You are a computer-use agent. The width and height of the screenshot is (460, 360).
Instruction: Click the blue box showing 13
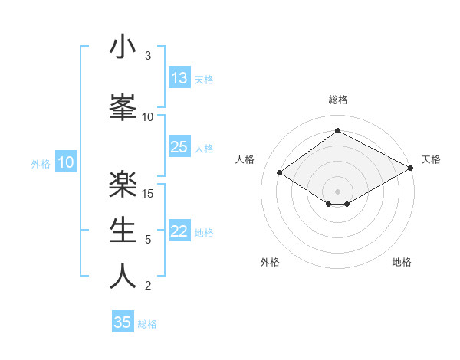(179, 78)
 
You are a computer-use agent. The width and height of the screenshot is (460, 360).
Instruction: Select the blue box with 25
(179, 147)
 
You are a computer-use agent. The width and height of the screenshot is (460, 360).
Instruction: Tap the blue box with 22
(179, 232)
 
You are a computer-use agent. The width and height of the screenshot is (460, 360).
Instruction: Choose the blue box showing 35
(123, 322)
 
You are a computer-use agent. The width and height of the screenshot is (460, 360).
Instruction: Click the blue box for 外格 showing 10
(66, 162)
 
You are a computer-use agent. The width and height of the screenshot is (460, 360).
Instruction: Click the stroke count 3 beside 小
(148, 56)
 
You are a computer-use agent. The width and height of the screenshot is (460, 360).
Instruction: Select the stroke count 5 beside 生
(148, 240)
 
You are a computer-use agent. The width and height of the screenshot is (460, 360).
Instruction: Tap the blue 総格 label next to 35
(148, 324)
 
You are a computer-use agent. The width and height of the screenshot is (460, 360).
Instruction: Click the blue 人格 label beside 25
(204, 149)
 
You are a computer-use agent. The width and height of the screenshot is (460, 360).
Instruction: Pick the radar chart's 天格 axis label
(432, 159)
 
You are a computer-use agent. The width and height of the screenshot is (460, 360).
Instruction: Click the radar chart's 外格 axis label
(270, 262)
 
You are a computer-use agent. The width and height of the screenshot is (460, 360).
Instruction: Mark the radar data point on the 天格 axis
(412, 169)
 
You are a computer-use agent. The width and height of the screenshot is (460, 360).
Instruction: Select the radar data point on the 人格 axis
(280, 173)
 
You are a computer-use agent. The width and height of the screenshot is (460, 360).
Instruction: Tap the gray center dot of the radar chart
(337, 191)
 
